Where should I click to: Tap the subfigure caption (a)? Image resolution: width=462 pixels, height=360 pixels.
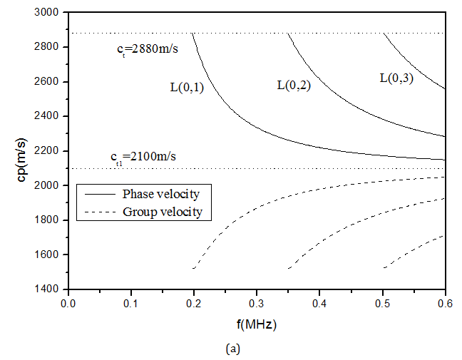(x=256, y=350)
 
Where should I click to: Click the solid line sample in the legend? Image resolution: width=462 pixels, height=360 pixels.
(x=97, y=194)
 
